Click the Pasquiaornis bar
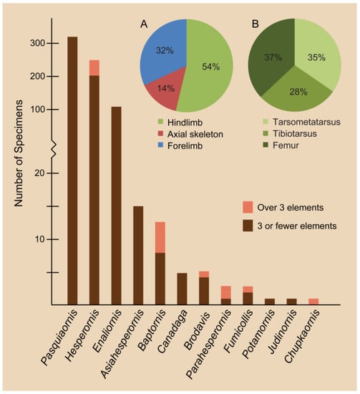tap(72, 170)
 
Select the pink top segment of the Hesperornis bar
tap(94, 67)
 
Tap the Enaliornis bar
tap(116, 206)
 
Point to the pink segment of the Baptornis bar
tap(160, 237)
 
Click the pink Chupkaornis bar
tap(313, 302)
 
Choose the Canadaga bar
tap(182, 289)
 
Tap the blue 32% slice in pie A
tap(165, 50)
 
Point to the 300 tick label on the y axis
tap(38, 43)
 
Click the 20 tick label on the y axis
tap(40, 173)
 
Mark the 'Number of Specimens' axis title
tap(19, 153)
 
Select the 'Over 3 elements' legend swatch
tap(248, 207)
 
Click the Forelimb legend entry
tap(180, 145)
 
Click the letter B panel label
tap(255, 24)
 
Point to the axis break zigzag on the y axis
tap(53, 150)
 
